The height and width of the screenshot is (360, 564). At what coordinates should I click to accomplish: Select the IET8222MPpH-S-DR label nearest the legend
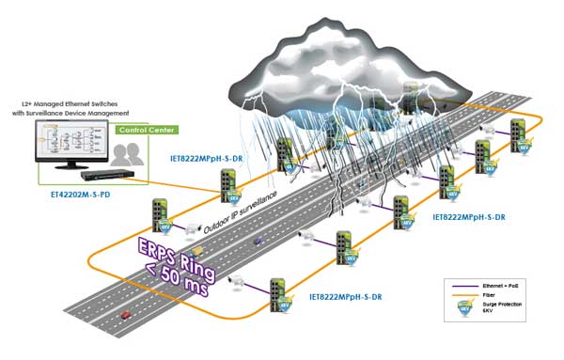click(472, 215)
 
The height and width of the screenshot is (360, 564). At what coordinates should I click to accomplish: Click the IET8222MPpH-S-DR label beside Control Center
click(208, 159)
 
